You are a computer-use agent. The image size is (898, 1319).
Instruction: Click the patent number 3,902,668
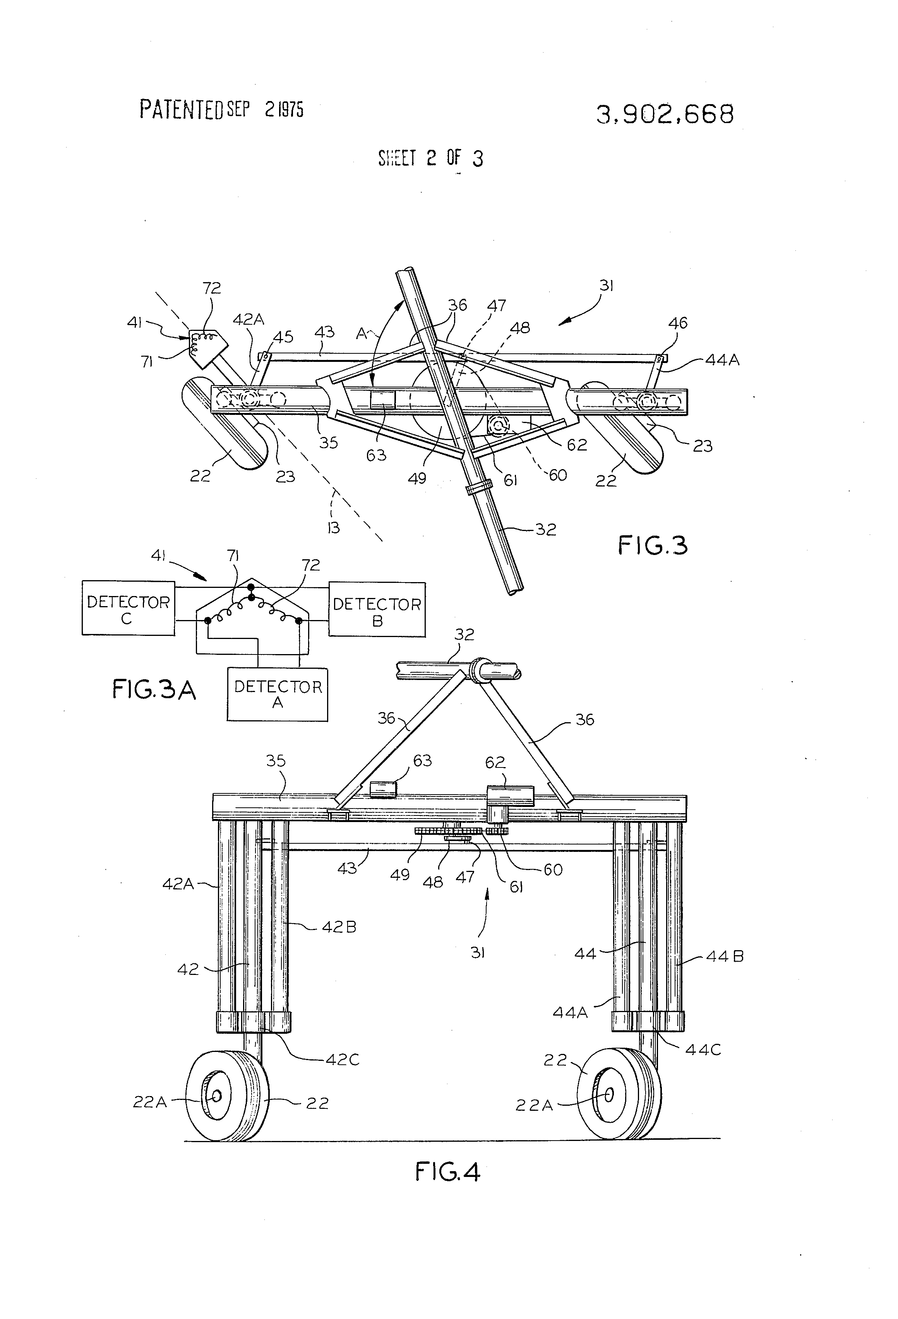click(x=665, y=114)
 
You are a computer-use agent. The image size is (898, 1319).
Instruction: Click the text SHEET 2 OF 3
click(x=430, y=158)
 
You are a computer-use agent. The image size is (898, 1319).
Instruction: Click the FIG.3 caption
click(x=653, y=546)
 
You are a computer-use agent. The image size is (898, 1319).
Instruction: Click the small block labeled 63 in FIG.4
click(x=383, y=789)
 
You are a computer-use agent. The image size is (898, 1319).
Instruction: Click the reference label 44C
click(x=703, y=1049)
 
